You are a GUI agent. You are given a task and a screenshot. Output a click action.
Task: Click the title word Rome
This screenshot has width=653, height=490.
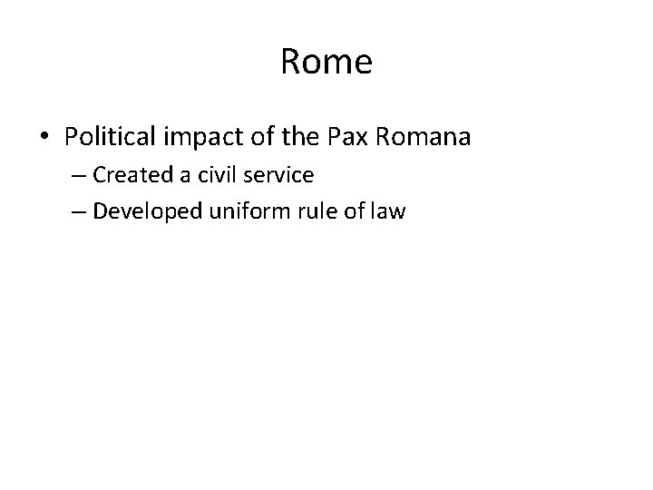click(326, 63)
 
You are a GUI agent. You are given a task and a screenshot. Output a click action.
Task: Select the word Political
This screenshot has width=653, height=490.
click(109, 137)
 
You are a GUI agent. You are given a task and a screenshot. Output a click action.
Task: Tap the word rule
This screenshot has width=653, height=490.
click(308, 211)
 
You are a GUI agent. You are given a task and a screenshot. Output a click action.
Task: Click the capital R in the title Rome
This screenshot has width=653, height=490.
click(291, 63)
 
